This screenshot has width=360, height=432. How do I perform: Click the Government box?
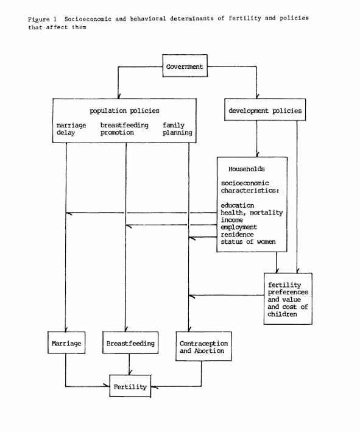pos(185,66)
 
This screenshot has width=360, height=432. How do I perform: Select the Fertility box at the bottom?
pos(130,386)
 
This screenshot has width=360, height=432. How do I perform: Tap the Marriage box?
pos(66,342)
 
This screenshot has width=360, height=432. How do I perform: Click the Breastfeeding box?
pos(130,342)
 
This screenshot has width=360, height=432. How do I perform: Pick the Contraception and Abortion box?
pos(203,346)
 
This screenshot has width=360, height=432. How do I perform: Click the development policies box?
pos(265,110)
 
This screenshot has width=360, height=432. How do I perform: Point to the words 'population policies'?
pos(124,111)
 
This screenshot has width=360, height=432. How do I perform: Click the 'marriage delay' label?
pos(71,129)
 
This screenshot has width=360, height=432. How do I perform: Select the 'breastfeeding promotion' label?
pos(124,129)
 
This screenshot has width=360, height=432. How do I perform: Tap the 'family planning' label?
pos(177,129)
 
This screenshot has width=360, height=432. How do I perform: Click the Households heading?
pos(247,169)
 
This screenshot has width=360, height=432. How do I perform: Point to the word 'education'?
pos(238,205)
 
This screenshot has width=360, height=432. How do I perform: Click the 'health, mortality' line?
pos(252,213)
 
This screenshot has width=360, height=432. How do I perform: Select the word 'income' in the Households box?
pos(231,220)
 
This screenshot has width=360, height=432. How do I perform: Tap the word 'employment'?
pos(239,227)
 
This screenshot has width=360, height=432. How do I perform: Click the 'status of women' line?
pos(248,242)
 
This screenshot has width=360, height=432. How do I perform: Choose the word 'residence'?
pos(237,235)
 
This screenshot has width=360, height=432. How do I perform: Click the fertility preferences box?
pos(288,299)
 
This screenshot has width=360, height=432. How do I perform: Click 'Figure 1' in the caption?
pos(42,19)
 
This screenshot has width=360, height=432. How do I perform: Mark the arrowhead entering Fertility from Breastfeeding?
pos(130,372)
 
